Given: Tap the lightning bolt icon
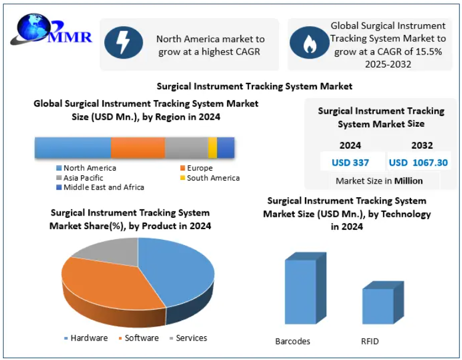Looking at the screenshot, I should coord(123,43).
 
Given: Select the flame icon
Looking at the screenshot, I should coord(309,43).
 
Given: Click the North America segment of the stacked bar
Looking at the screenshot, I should coord(72,147).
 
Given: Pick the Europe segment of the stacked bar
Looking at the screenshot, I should coord(137,147).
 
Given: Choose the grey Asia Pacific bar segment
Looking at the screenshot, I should coord(186,147).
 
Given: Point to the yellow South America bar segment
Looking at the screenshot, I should coord(213,147).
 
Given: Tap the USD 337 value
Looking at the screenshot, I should coord(350,162).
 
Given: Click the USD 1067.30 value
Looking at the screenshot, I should coord(418,162).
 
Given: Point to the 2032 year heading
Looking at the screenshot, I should coord(422,145).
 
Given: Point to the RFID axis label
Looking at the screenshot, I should coord(370,341).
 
